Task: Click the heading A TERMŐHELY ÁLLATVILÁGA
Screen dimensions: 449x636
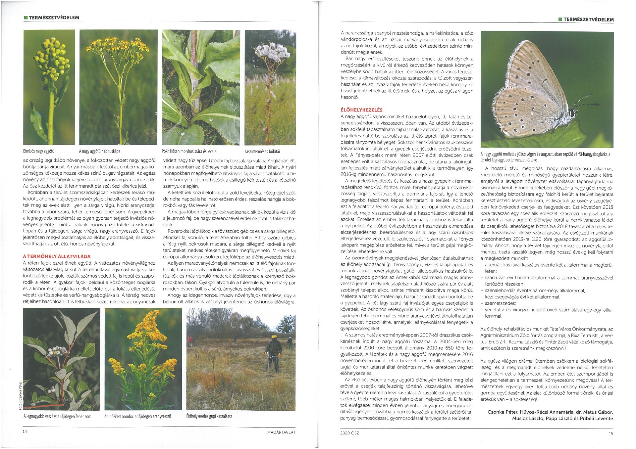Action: (x=57, y=256)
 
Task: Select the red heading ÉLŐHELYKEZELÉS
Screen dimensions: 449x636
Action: (x=361, y=110)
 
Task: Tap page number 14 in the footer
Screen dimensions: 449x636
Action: (x=25, y=432)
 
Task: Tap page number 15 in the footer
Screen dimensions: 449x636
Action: (x=611, y=433)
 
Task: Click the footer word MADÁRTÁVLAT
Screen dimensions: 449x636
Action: (x=281, y=432)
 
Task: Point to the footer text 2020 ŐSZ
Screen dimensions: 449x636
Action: (x=349, y=433)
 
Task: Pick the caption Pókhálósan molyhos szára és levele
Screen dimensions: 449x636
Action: (x=189, y=152)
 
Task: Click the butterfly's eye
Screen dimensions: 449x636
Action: (x=572, y=113)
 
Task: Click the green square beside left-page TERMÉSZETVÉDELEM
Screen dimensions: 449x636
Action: (x=26, y=18)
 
